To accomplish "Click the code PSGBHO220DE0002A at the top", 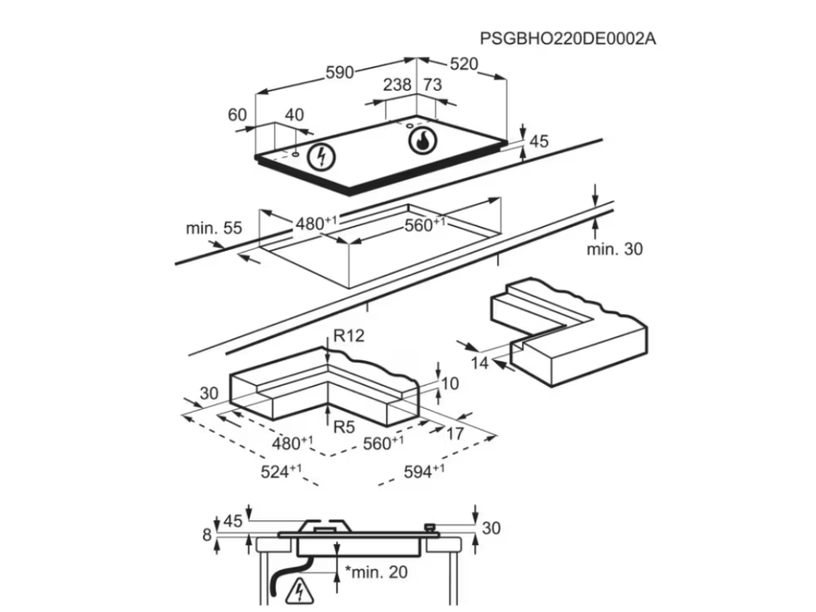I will pyautogui.click(x=567, y=37).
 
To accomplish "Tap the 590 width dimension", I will pyautogui.click(x=339, y=72).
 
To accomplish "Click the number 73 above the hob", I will pyautogui.click(x=432, y=84).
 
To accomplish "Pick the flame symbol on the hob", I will pyautogui.click(x=422, y=142).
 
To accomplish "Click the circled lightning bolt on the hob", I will pyautogui.click(x=322, y=155).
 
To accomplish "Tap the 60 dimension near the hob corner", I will pyautogui.click(x=237, y=115).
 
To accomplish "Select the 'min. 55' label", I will pyautogui.click(x=214, y=229).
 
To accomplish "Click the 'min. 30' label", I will pyautogui.click(x=614, y=249).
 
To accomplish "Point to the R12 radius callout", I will pyautogui.click(x=348, y=336).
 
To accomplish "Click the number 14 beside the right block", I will pyautogui.click(x=478, y=363).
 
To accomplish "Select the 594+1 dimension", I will pyautogui.click(x=425, y=472).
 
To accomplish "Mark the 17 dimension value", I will pyautogui.click(x=454, y=434).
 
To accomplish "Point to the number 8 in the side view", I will pyautogui.click(x=208, y=535).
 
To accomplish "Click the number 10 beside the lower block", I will pyautogui.click(x=449, y=384).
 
